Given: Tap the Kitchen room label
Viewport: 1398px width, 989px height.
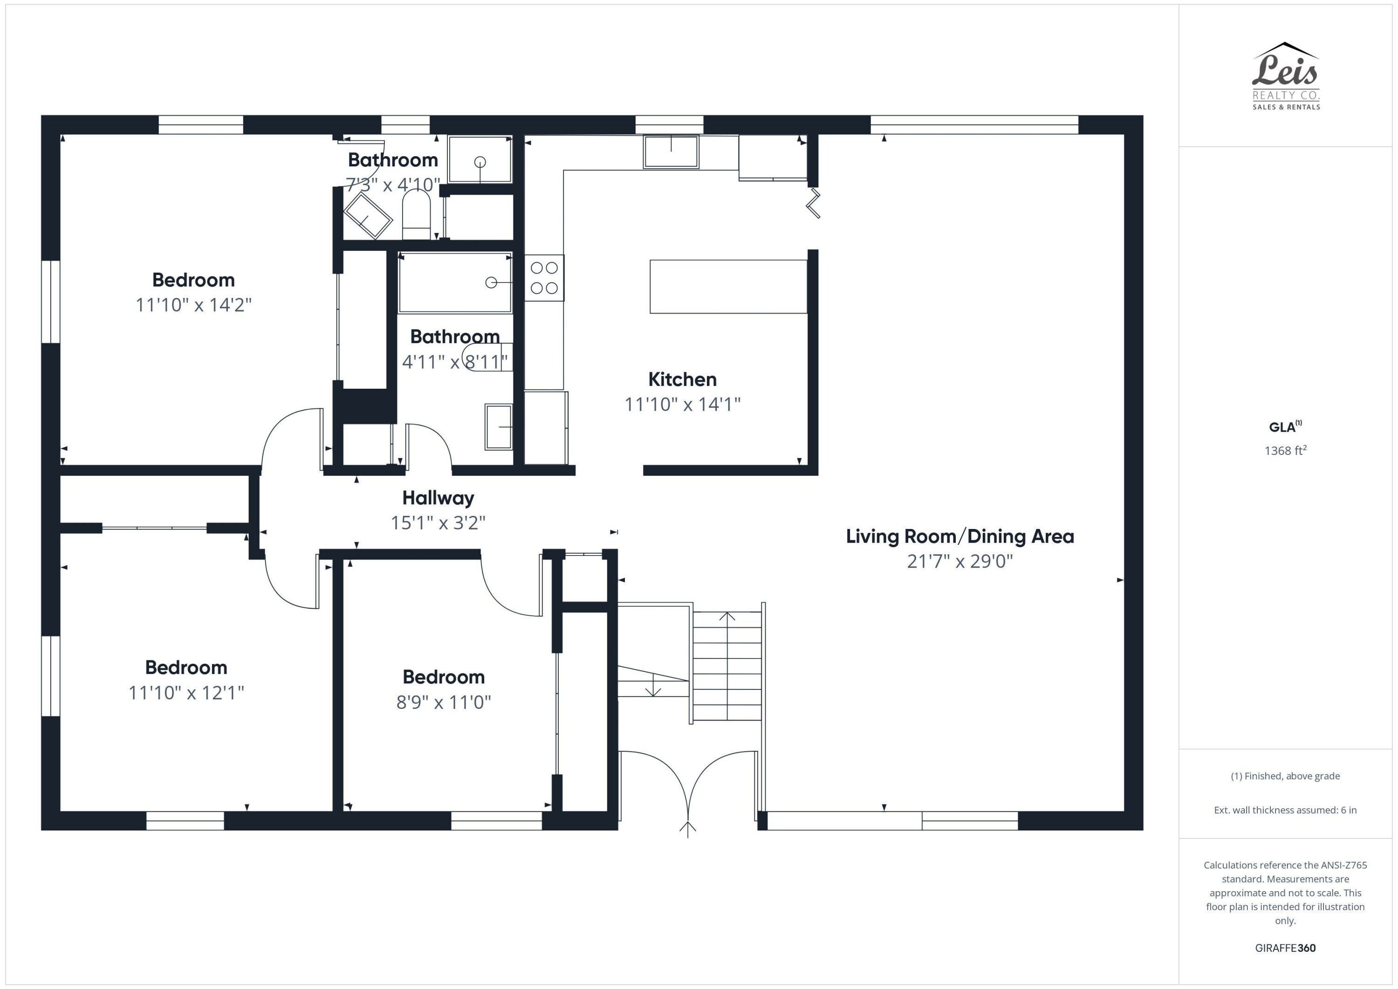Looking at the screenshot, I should pyautogui.click(x=682, y=379).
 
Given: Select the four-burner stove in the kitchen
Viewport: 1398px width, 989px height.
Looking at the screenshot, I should pyautogui.click(x=544, y=278).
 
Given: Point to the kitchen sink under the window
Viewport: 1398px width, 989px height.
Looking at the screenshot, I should pyautogui.click(x=671, y=151).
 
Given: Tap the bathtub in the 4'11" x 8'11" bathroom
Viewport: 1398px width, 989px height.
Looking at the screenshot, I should pyautogui.click(x=455, y=282).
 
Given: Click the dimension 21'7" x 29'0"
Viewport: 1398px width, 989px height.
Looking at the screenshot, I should pyautogui.click(x=959, y=561).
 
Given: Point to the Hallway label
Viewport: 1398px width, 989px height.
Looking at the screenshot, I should pyautogui.click(x=438, y=498).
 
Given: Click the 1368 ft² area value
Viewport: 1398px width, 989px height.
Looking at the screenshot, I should pyautogui.click(x=1285, y=451).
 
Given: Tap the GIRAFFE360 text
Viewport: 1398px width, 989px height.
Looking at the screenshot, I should pyautogui.click(x=1285, y=948).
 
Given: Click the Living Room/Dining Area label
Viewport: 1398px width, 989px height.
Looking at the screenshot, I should pyautogui.click(x=959, y=536).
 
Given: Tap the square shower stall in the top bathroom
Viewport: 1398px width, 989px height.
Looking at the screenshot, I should pyautogui.click(x=480, y=159).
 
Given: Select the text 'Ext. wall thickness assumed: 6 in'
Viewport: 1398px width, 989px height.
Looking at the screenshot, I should pyautogui.click(x=1285, y=810).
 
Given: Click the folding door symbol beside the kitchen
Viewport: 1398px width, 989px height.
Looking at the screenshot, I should pyautogui.click(x=814, y=203).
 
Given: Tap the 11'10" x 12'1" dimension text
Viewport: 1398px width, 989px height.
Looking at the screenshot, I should pyautogui.click(x=186, y=693).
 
